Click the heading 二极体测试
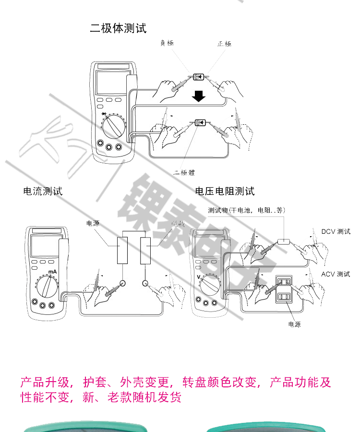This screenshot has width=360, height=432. [118, 28]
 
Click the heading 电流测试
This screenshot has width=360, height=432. [43, 192]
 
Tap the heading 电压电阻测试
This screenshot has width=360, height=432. [225, 192]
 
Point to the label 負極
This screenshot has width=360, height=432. [167, 43]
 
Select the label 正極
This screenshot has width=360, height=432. [224, 44]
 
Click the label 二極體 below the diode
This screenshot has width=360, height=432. [185, 172]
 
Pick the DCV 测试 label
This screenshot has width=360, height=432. [336, 232]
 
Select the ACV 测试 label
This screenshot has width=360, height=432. [336, 274]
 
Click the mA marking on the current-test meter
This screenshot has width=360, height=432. [52, 272]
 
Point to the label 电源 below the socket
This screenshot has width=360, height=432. [294, 324]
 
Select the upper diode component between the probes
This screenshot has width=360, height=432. [198, 76]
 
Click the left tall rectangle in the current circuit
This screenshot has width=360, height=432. [123, 250]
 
